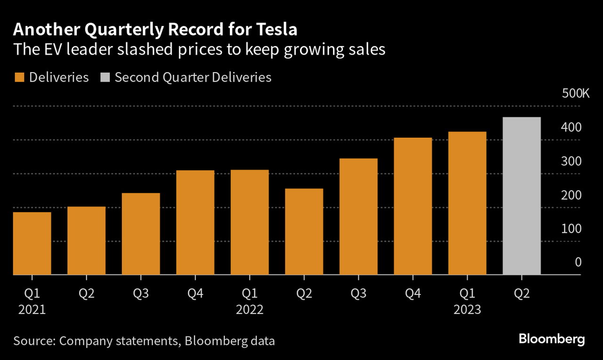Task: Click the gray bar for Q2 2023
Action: pos(522,196)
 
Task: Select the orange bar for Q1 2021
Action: pos(32,243)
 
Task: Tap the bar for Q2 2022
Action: pos(304,231)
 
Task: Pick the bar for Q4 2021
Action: pos(195,222)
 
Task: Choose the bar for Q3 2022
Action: pos(359,216)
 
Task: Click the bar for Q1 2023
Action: pos(467,203)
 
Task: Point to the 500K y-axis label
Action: pos(576,93)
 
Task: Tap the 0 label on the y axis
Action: pos(578,262)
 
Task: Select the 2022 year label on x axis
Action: pos(250,310)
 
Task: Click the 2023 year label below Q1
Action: pos(467,310)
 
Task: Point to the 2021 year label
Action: pos(32,310)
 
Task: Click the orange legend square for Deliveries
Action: pos(19,77)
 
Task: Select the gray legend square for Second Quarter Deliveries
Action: pos(105,77)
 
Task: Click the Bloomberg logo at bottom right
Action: pos(552,339)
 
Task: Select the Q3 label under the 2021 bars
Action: pos(141,294)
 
